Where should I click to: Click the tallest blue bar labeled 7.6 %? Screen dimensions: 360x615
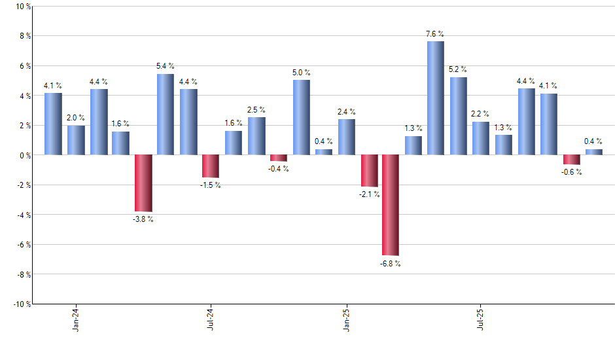(436, 98)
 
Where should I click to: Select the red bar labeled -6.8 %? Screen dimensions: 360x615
(391, 205)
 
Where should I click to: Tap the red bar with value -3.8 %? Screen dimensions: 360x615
(143, 183)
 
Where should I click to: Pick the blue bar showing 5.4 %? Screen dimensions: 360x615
(166, 115)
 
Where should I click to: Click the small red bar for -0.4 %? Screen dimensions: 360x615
(279, 158)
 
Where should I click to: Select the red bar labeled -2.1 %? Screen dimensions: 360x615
(368, 171)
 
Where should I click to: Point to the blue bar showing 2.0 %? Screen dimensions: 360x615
(76, 140)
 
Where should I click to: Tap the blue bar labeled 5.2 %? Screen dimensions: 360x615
(458, 117)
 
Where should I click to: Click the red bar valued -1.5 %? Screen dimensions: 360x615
(211, 166)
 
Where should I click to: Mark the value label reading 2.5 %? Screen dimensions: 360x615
(256, 110)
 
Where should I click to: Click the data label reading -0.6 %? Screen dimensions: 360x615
(572, 172)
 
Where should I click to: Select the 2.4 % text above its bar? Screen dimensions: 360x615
(347, 112)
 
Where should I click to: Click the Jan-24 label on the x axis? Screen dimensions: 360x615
(76, 319)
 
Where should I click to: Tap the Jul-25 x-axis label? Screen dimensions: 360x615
(481, 319)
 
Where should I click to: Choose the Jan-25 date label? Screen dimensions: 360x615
(346, 319)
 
